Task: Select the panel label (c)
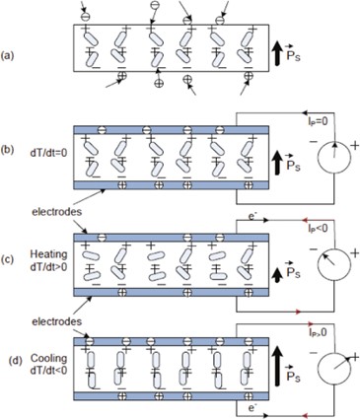13,255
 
